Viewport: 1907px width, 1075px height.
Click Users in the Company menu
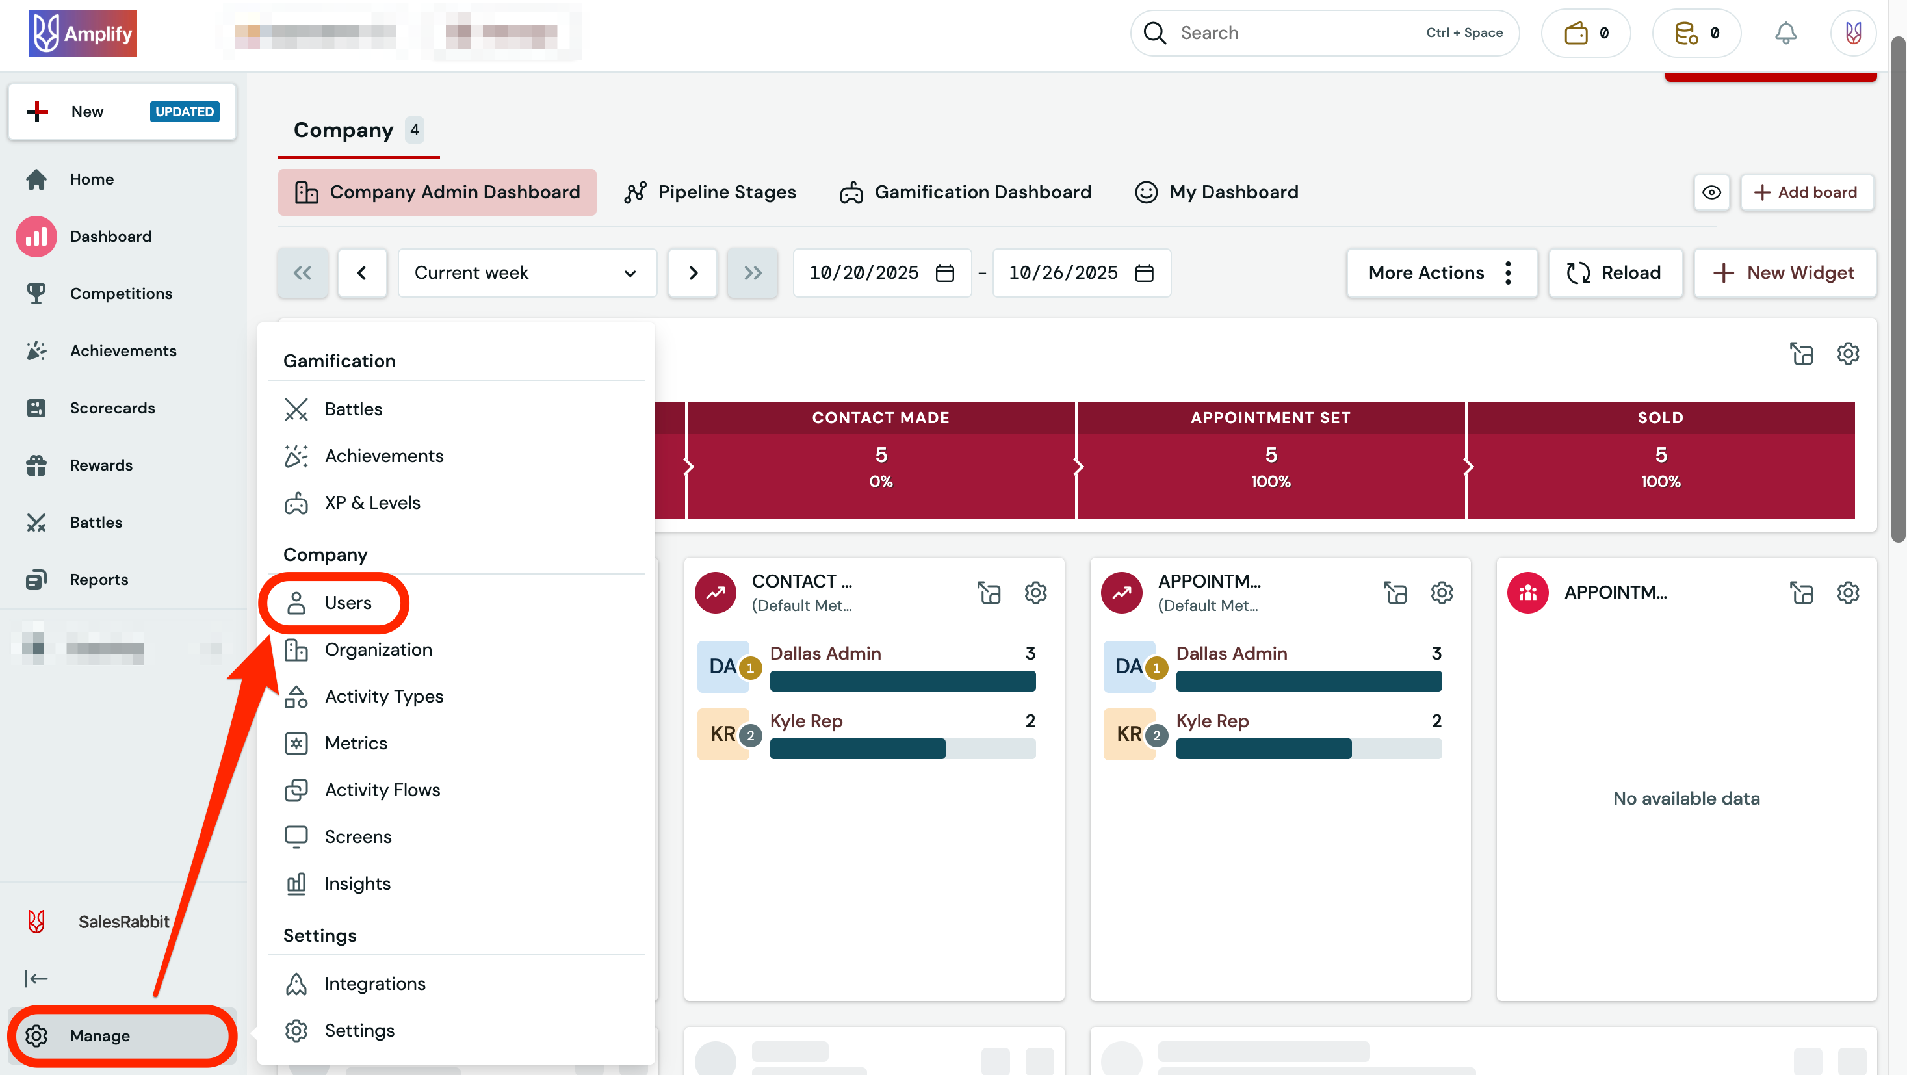pos(347,602)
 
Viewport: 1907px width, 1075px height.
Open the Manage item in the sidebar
pos(99,1035)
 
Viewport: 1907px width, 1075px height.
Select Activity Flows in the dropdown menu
pos(382,790)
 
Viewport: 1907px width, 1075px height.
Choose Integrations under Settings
pos(374,983)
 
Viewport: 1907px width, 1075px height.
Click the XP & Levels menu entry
pos(372,502)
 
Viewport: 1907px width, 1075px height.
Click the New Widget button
pos(1785,273)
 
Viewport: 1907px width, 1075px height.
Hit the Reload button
pos(1615,273)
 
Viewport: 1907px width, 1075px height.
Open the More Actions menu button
pos(1440,273)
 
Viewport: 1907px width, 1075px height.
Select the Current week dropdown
pos(526,273)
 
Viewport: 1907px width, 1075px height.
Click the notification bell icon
pos(1785,33)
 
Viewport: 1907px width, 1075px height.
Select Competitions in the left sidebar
pos(121,294)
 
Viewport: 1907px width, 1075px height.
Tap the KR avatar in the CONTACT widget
pos(723,734)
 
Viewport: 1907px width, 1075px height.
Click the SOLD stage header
pos(1660,417)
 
